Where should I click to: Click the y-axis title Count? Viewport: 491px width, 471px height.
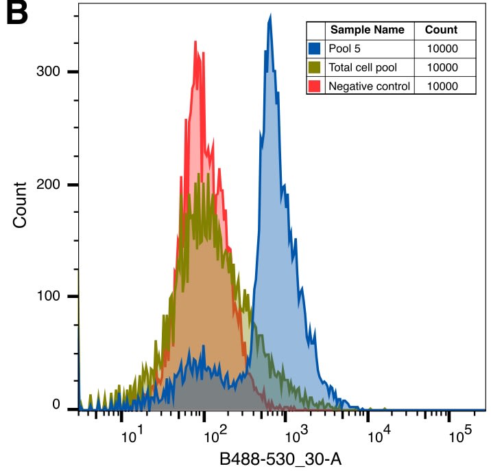pos(21,205)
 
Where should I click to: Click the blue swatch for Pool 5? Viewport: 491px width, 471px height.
pos(315,49)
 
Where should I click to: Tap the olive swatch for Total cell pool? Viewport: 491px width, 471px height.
pos(315,67)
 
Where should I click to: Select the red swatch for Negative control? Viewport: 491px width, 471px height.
pos(315,86)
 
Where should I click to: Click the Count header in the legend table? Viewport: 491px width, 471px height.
pos(441,30)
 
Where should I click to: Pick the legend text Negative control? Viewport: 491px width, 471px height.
pos(369,86)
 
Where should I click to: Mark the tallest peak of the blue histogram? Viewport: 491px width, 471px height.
pos(270,16)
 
